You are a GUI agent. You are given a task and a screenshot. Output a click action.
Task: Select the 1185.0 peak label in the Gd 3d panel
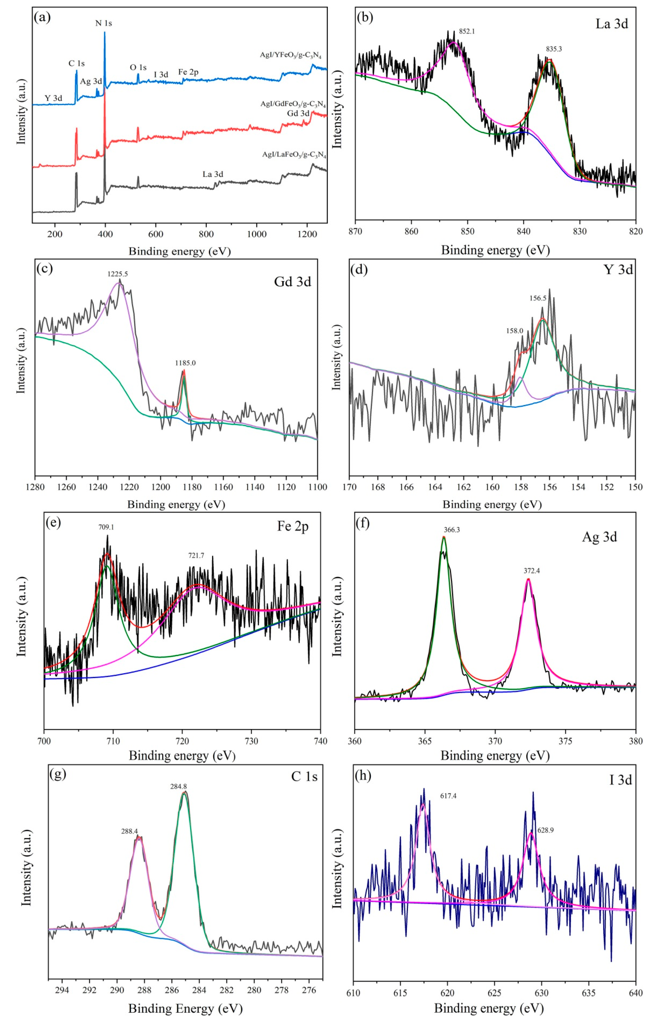coord(185,363)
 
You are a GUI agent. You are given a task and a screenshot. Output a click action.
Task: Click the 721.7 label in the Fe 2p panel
coord(196,555)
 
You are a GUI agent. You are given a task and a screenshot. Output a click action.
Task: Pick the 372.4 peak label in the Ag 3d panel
coord(532,571)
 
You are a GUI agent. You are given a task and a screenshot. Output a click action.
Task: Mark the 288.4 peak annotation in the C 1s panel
coord(130,831)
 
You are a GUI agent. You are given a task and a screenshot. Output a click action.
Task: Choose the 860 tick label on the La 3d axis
coord(411,232)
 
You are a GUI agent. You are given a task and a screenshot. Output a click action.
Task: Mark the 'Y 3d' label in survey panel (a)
coord(54,98)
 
